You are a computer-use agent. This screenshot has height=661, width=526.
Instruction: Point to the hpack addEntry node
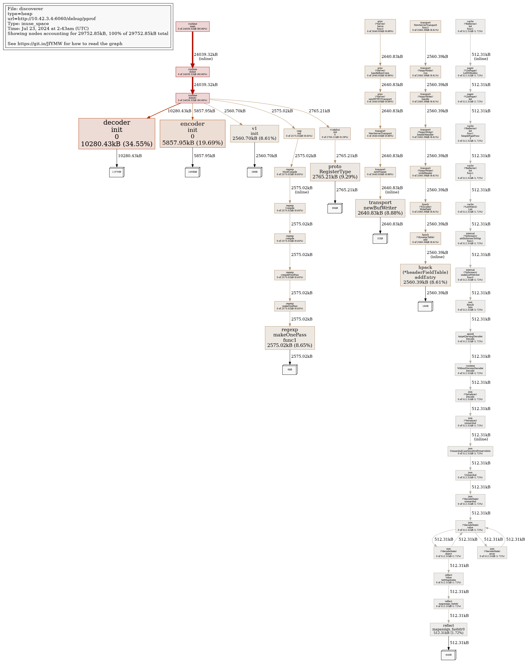click(425, 275)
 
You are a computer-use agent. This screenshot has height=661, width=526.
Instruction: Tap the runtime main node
click(192, 26)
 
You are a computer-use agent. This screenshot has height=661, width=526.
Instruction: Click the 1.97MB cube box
click(117, 172)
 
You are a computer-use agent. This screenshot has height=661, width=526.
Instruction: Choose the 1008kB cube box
click(192, 172)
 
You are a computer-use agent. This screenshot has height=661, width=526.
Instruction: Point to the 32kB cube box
click(380, 239)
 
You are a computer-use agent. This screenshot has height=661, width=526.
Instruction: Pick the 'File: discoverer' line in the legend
click(25, 9)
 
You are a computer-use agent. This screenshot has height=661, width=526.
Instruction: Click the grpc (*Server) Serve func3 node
click(380, 26)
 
